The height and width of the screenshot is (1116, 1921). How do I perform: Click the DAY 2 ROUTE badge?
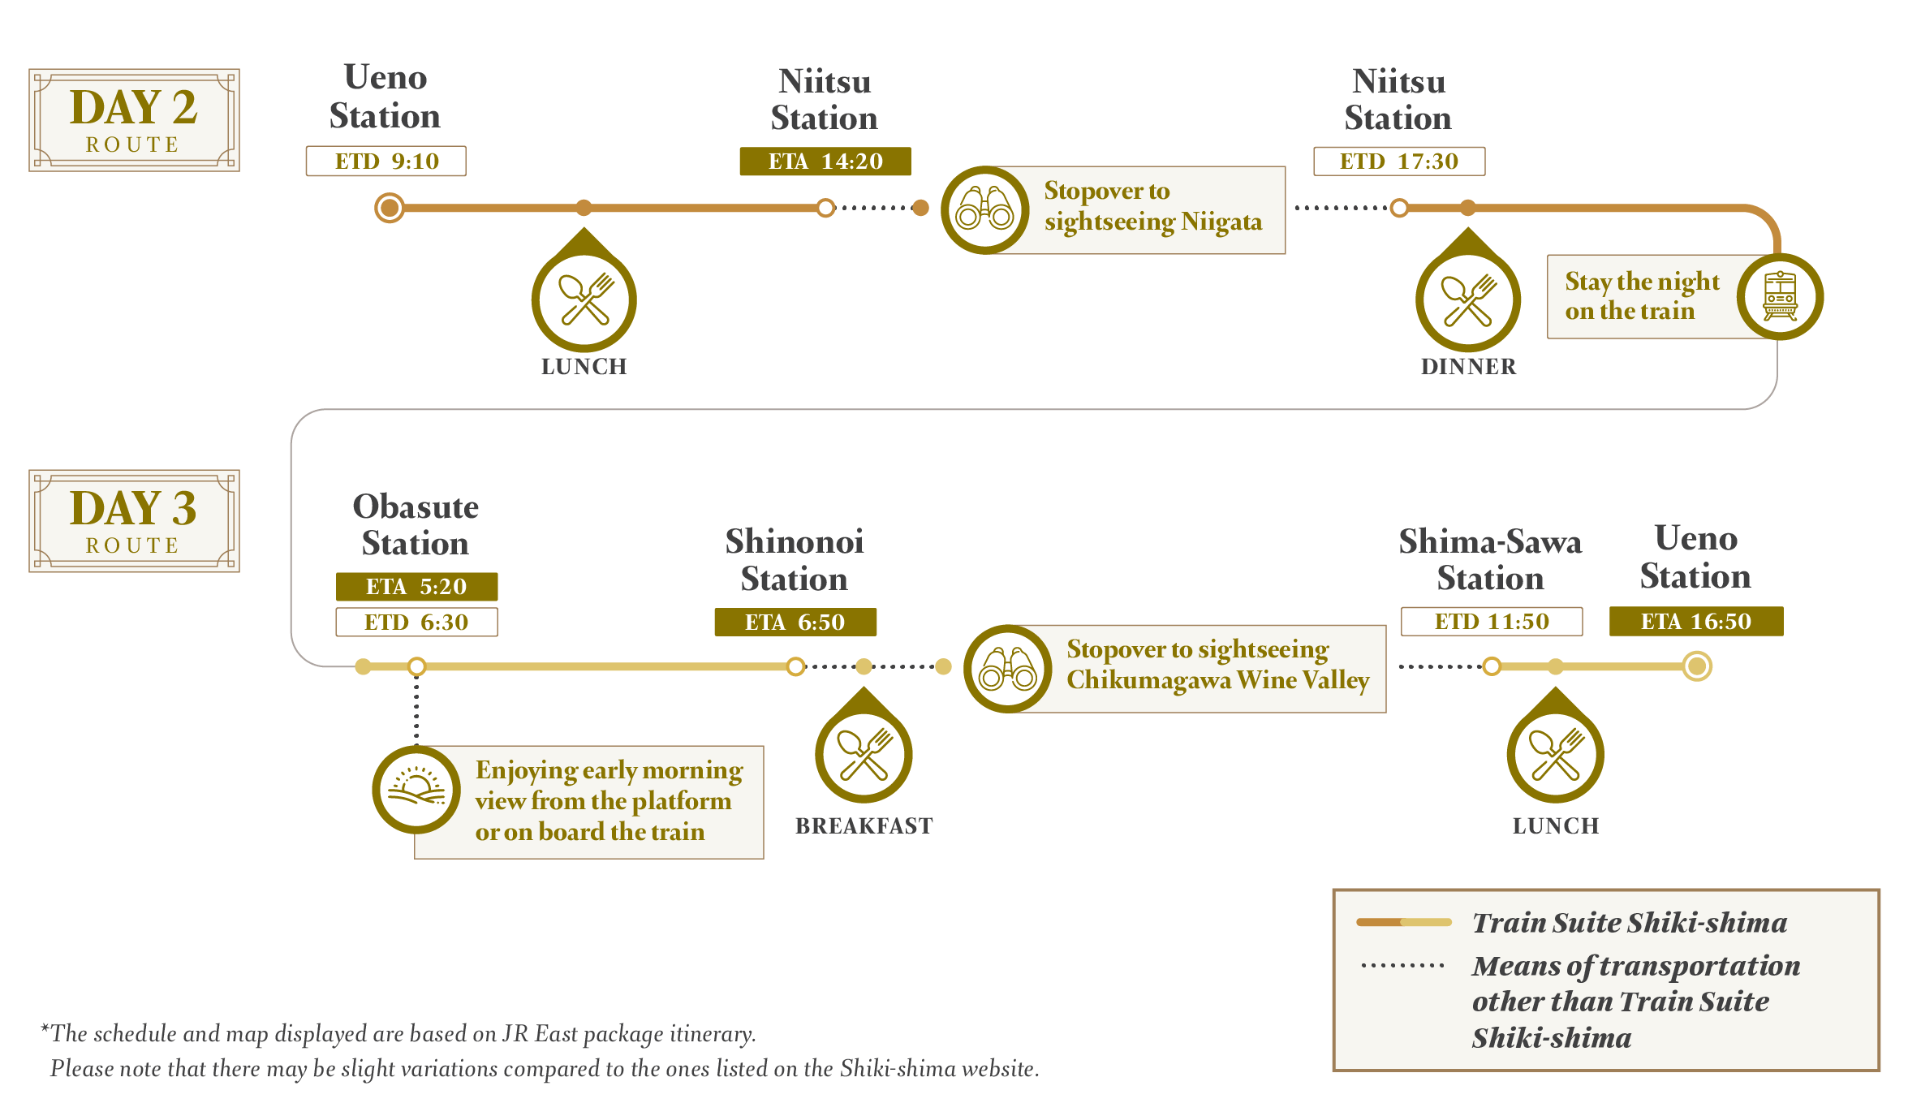tap(134, 120)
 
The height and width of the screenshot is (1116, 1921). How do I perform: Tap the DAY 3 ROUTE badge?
tap(134, 521)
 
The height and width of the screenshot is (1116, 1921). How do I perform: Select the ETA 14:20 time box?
tap(825, 162)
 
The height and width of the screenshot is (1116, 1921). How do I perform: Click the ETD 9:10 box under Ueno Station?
tap(385, 161)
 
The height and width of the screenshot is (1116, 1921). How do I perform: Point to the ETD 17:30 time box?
tap(1399, 161)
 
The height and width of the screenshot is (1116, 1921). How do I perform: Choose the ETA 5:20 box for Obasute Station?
tap(416, 586)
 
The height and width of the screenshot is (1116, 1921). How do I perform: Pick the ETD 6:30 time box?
tap(416, 622)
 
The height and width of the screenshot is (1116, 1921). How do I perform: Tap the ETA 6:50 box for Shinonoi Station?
tap(795, 622)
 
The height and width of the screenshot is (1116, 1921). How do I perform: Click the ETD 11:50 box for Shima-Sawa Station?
tap(1492, 621)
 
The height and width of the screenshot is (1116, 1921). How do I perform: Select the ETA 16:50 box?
tap(1696, 621)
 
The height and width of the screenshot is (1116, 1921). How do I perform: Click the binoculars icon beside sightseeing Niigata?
tap(984, 210)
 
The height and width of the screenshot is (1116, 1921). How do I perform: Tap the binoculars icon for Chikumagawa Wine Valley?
tap(1008, 669)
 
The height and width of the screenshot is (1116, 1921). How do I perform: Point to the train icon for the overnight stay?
tap(1780, 297)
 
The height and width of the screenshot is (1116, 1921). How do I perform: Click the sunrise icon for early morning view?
tap(416, 789)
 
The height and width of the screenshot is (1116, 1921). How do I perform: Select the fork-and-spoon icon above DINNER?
tap(1468, 299)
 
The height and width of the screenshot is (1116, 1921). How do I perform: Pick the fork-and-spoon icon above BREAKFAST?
tap(864, 754)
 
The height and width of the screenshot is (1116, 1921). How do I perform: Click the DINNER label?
tap(1468, 366)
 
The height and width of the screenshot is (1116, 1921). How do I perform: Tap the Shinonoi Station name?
tap(794, 560)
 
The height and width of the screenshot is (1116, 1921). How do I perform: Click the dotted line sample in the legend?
tap(1402, 966)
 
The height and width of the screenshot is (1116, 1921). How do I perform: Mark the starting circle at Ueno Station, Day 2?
tap(390, 208)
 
